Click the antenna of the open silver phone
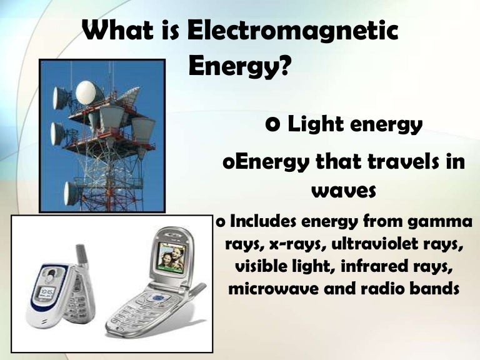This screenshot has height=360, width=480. (x=196, y=289)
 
